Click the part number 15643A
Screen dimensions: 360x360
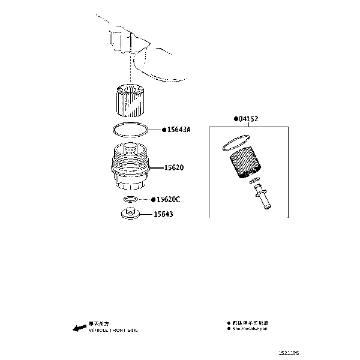[x=178, y=130]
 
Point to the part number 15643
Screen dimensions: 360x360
[x=163, y=214]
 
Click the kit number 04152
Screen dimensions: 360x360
[x=248, y=119]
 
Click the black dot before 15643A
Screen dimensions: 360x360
[x=163, y=130]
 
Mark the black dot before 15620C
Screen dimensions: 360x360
[x=153, y=199]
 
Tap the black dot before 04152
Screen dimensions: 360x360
[x=236, y=119]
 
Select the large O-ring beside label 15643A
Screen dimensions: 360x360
[x=130, y=129]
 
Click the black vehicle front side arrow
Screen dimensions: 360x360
[x=78, y=328]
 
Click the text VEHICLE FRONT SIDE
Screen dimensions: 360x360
[x=113, y=331]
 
